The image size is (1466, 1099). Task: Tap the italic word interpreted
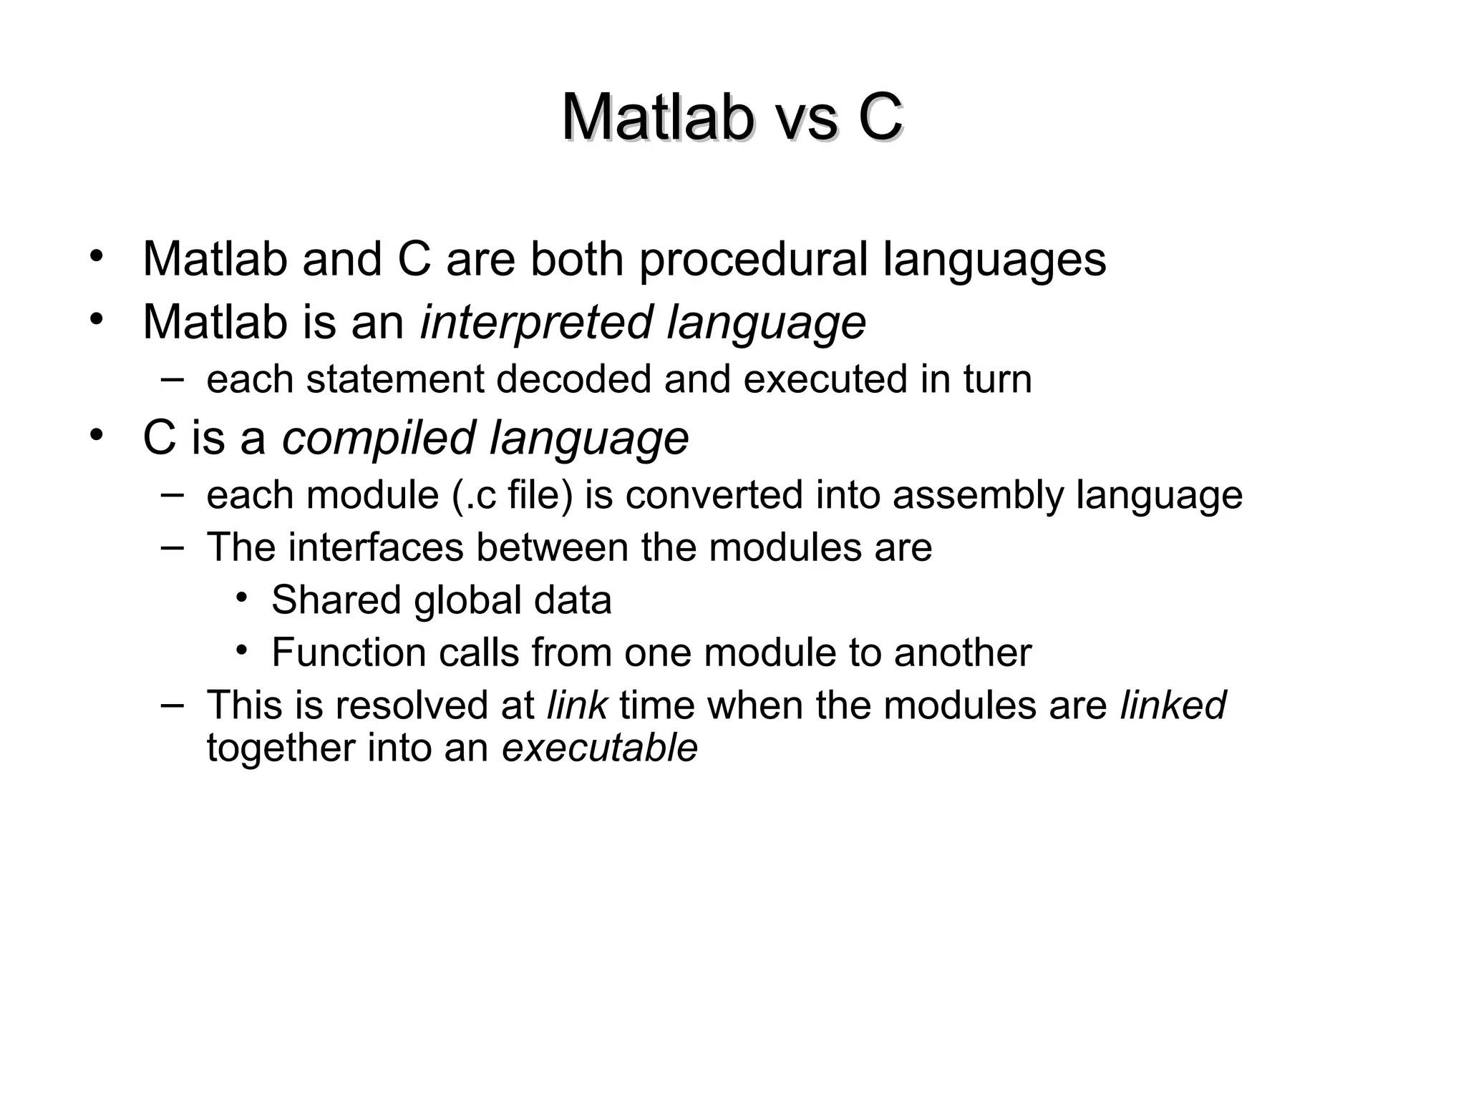tap(536, 323)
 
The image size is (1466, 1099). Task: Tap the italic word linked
tap(1173, 705)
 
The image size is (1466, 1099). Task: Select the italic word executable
tap(600, 748)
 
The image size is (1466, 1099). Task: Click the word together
tap(281, 748)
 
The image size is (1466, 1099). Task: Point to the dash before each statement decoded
tap(172, 378)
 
